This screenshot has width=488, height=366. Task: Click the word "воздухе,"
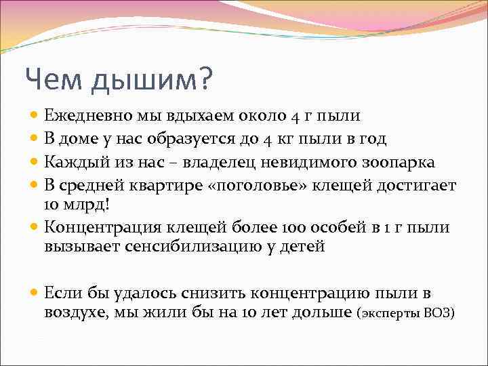click(76, 312)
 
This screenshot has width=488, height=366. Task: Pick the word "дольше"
click(321, 312)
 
